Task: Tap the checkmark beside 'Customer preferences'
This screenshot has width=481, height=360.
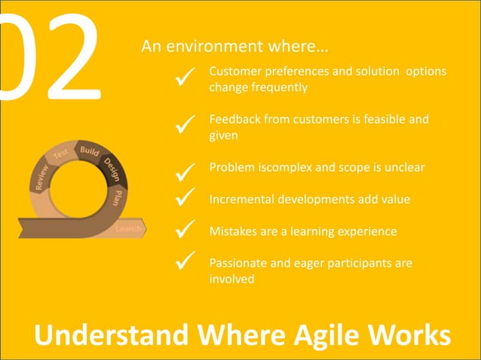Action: [185, 77]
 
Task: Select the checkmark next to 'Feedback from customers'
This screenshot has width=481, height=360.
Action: [185, 125]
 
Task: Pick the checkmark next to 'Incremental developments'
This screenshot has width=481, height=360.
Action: [185, 198]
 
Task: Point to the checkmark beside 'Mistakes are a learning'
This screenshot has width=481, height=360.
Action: [185, 229]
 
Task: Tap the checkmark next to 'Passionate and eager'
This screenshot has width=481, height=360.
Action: [185, 261]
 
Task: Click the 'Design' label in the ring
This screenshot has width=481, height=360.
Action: [113, 166]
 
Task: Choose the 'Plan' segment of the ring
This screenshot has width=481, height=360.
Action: [118, 197]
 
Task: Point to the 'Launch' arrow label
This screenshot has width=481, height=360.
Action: [128, 228]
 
